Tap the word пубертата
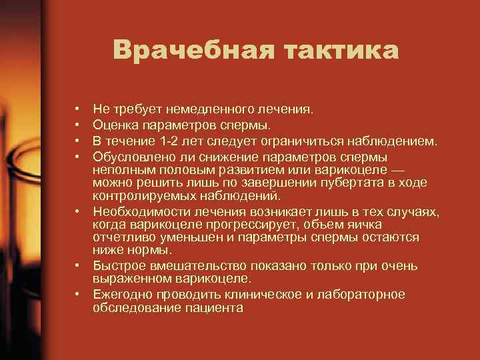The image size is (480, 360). [x=342, y=183]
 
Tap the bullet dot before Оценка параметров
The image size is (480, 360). [x=78, y=124]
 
